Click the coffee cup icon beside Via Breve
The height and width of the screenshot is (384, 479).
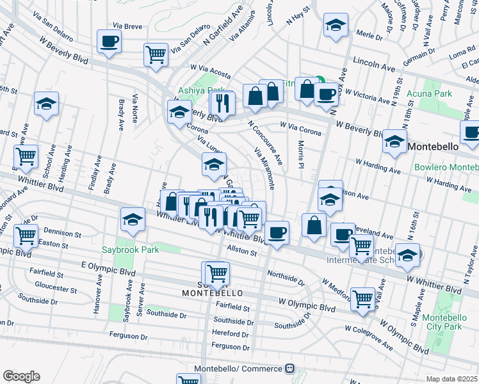coord(109,42)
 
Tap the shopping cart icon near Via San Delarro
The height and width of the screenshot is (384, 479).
coord(156,55)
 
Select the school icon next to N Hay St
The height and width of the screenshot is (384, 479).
coord(335,25)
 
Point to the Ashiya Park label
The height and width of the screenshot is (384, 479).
coord(201,91)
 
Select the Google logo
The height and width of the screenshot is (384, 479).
coord(21,376)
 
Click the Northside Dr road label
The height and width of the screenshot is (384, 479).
coord(286,280)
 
